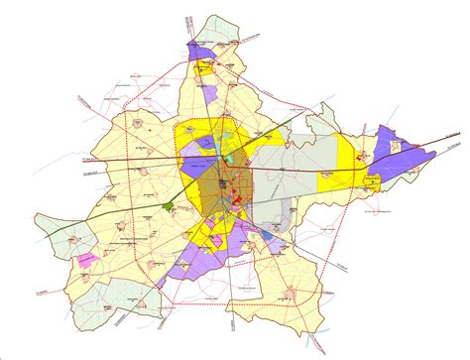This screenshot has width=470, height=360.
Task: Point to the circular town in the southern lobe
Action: click(x=287, y=294)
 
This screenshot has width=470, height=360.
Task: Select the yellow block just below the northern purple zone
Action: click(x=202, y=70)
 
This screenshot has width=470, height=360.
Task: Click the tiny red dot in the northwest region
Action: click(x=148, y=127)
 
